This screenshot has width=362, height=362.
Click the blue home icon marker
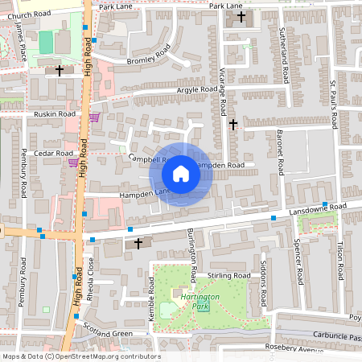pyautogui.click(x=181, y=173)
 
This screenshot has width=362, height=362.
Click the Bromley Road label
pyautogui.click(x=149, y=55)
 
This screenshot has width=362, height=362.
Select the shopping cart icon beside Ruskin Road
pyautogui.click(x=94, y=117)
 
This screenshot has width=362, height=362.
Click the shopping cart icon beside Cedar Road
pyautogui.click(x=73, y=162)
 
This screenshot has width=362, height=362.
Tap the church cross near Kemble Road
pyautogui.click(x=138, y=242)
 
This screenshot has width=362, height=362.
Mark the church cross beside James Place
pyautogui.click(x=59, y=71)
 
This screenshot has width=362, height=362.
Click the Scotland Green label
pyautogui.click(x=107, y=332)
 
